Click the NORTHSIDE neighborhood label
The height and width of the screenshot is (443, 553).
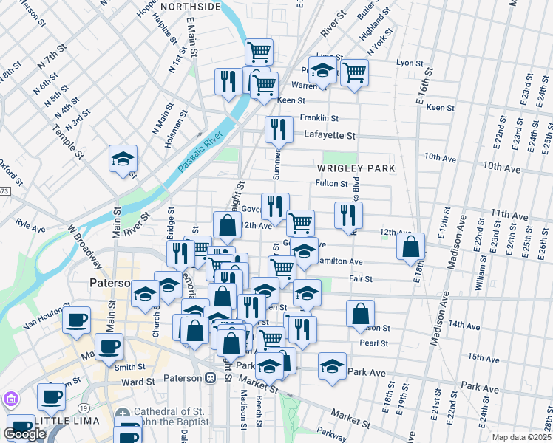(191, 7)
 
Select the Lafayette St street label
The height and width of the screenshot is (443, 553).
(330, 136)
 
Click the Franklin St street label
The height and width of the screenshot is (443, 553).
(319, 118)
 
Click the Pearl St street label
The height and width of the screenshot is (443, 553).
(373, 343)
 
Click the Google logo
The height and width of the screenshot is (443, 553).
(24, 434)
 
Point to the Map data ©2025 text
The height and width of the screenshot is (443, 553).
(520, 437)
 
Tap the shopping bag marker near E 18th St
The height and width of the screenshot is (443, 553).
(411, 246)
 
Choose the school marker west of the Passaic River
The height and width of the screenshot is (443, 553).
(123, 158)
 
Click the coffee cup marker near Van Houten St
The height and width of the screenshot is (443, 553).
(76, 321)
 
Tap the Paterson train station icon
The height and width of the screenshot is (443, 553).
(211, 378)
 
